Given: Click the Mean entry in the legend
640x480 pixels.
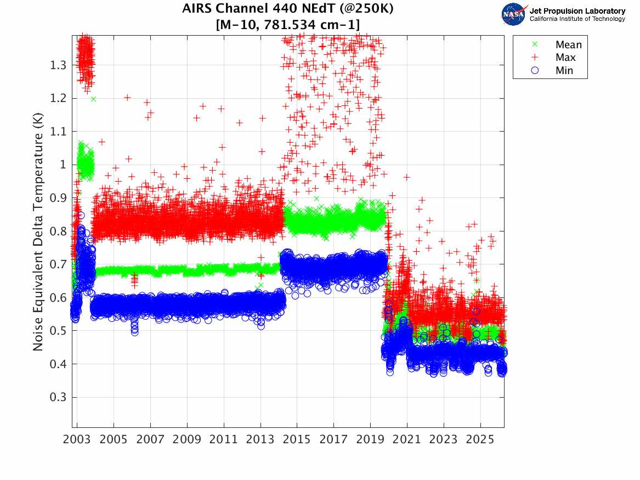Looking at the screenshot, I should [x=568, y=45].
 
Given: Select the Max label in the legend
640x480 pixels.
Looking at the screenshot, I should [x=565, y=58].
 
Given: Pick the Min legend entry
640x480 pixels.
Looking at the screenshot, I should [x=564, y=70].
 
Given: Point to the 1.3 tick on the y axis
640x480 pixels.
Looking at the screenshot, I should [x=57, y=65].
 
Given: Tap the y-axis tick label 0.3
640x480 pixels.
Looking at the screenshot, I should [x=57, y=397].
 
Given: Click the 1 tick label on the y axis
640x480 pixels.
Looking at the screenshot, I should [x=63, y=165].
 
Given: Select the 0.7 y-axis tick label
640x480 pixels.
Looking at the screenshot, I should [x=57, y=264].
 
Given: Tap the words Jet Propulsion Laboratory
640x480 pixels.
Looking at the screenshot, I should [x=577, y=11].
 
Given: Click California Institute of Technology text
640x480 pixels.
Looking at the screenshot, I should [x=577, y=19].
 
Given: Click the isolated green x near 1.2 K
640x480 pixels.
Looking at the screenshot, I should [x=93, y=99].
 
